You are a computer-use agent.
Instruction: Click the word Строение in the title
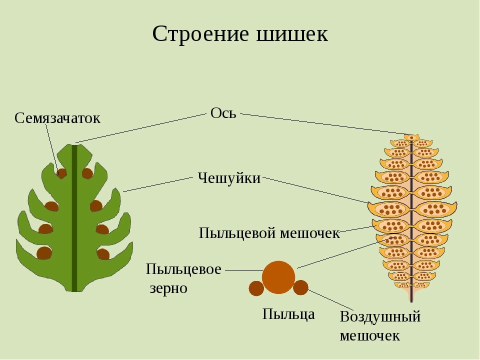200,33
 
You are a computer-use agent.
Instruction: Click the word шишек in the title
291,33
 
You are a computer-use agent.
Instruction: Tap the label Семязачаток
57,118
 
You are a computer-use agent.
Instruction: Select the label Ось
223,113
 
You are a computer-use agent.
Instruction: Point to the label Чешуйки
229,178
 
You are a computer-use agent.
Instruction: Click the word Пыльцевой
236,233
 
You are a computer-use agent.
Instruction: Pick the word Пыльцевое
183,269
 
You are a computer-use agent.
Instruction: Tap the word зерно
168,288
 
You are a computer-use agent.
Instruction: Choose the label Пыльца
288,314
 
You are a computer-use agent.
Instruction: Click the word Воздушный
380,316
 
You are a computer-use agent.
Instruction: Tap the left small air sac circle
256,288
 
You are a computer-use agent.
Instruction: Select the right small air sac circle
300,287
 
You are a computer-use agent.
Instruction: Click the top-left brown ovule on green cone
61,173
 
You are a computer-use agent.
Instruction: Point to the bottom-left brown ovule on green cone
44,253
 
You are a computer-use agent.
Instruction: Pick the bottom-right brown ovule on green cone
103,254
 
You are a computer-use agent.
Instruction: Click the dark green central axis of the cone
74,218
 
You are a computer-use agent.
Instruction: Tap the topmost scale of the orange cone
411,137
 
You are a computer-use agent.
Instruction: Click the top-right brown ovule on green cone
87,173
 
